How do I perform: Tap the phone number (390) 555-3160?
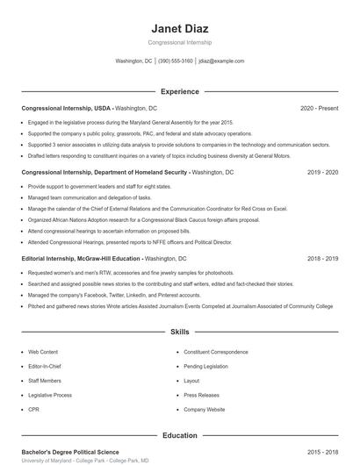click(175, 61)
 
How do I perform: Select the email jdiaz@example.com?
click(221, 61)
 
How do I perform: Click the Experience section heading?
click(179, 91)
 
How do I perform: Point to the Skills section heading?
click(179, 333)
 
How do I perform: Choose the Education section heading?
click(179, 435)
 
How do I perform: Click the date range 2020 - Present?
click(319, 108)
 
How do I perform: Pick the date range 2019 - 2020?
click(322, 173)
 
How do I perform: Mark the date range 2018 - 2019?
click(322, 260)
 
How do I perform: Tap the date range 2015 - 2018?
click(322, 452)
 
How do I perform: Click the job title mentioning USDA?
click(67, 108)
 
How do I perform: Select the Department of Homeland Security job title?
click(104, 173)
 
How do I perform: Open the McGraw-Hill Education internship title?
click(81, 260)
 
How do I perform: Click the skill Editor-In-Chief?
click(45, 366)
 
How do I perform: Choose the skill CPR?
click(33, 410)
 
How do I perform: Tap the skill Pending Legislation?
click(205, 366)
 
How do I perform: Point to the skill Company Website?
click(203, 410)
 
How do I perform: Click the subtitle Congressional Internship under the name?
click(179, 42)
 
